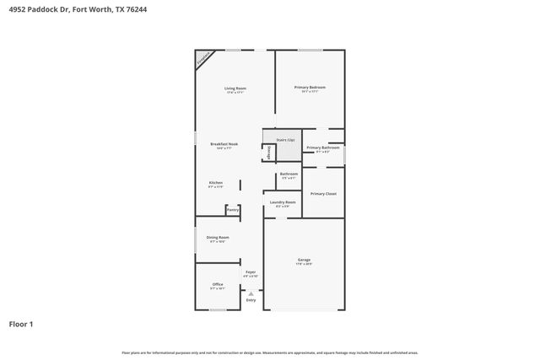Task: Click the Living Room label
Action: (x=235, y=89)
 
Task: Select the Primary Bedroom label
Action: (x=310, y=88)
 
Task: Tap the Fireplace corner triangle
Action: (x=202, y=58)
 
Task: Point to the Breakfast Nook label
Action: (x=224, y=144)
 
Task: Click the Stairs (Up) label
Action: (x=286, y=139)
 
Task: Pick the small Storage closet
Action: (x=270, y=153)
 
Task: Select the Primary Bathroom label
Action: (x=322, y=148)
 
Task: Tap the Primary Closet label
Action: (x=323, y=194)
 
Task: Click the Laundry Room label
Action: (x=283, y=202)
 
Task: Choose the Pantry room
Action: (x=232, y=210)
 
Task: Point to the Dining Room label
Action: (x=218, y=238)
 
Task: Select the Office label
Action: (x=217, y=284)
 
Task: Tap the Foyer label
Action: (x=251, y=272)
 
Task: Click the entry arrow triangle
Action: (x=251, y=293)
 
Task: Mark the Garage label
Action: (x=304, y=260)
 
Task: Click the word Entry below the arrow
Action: (x=251, y=300)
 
